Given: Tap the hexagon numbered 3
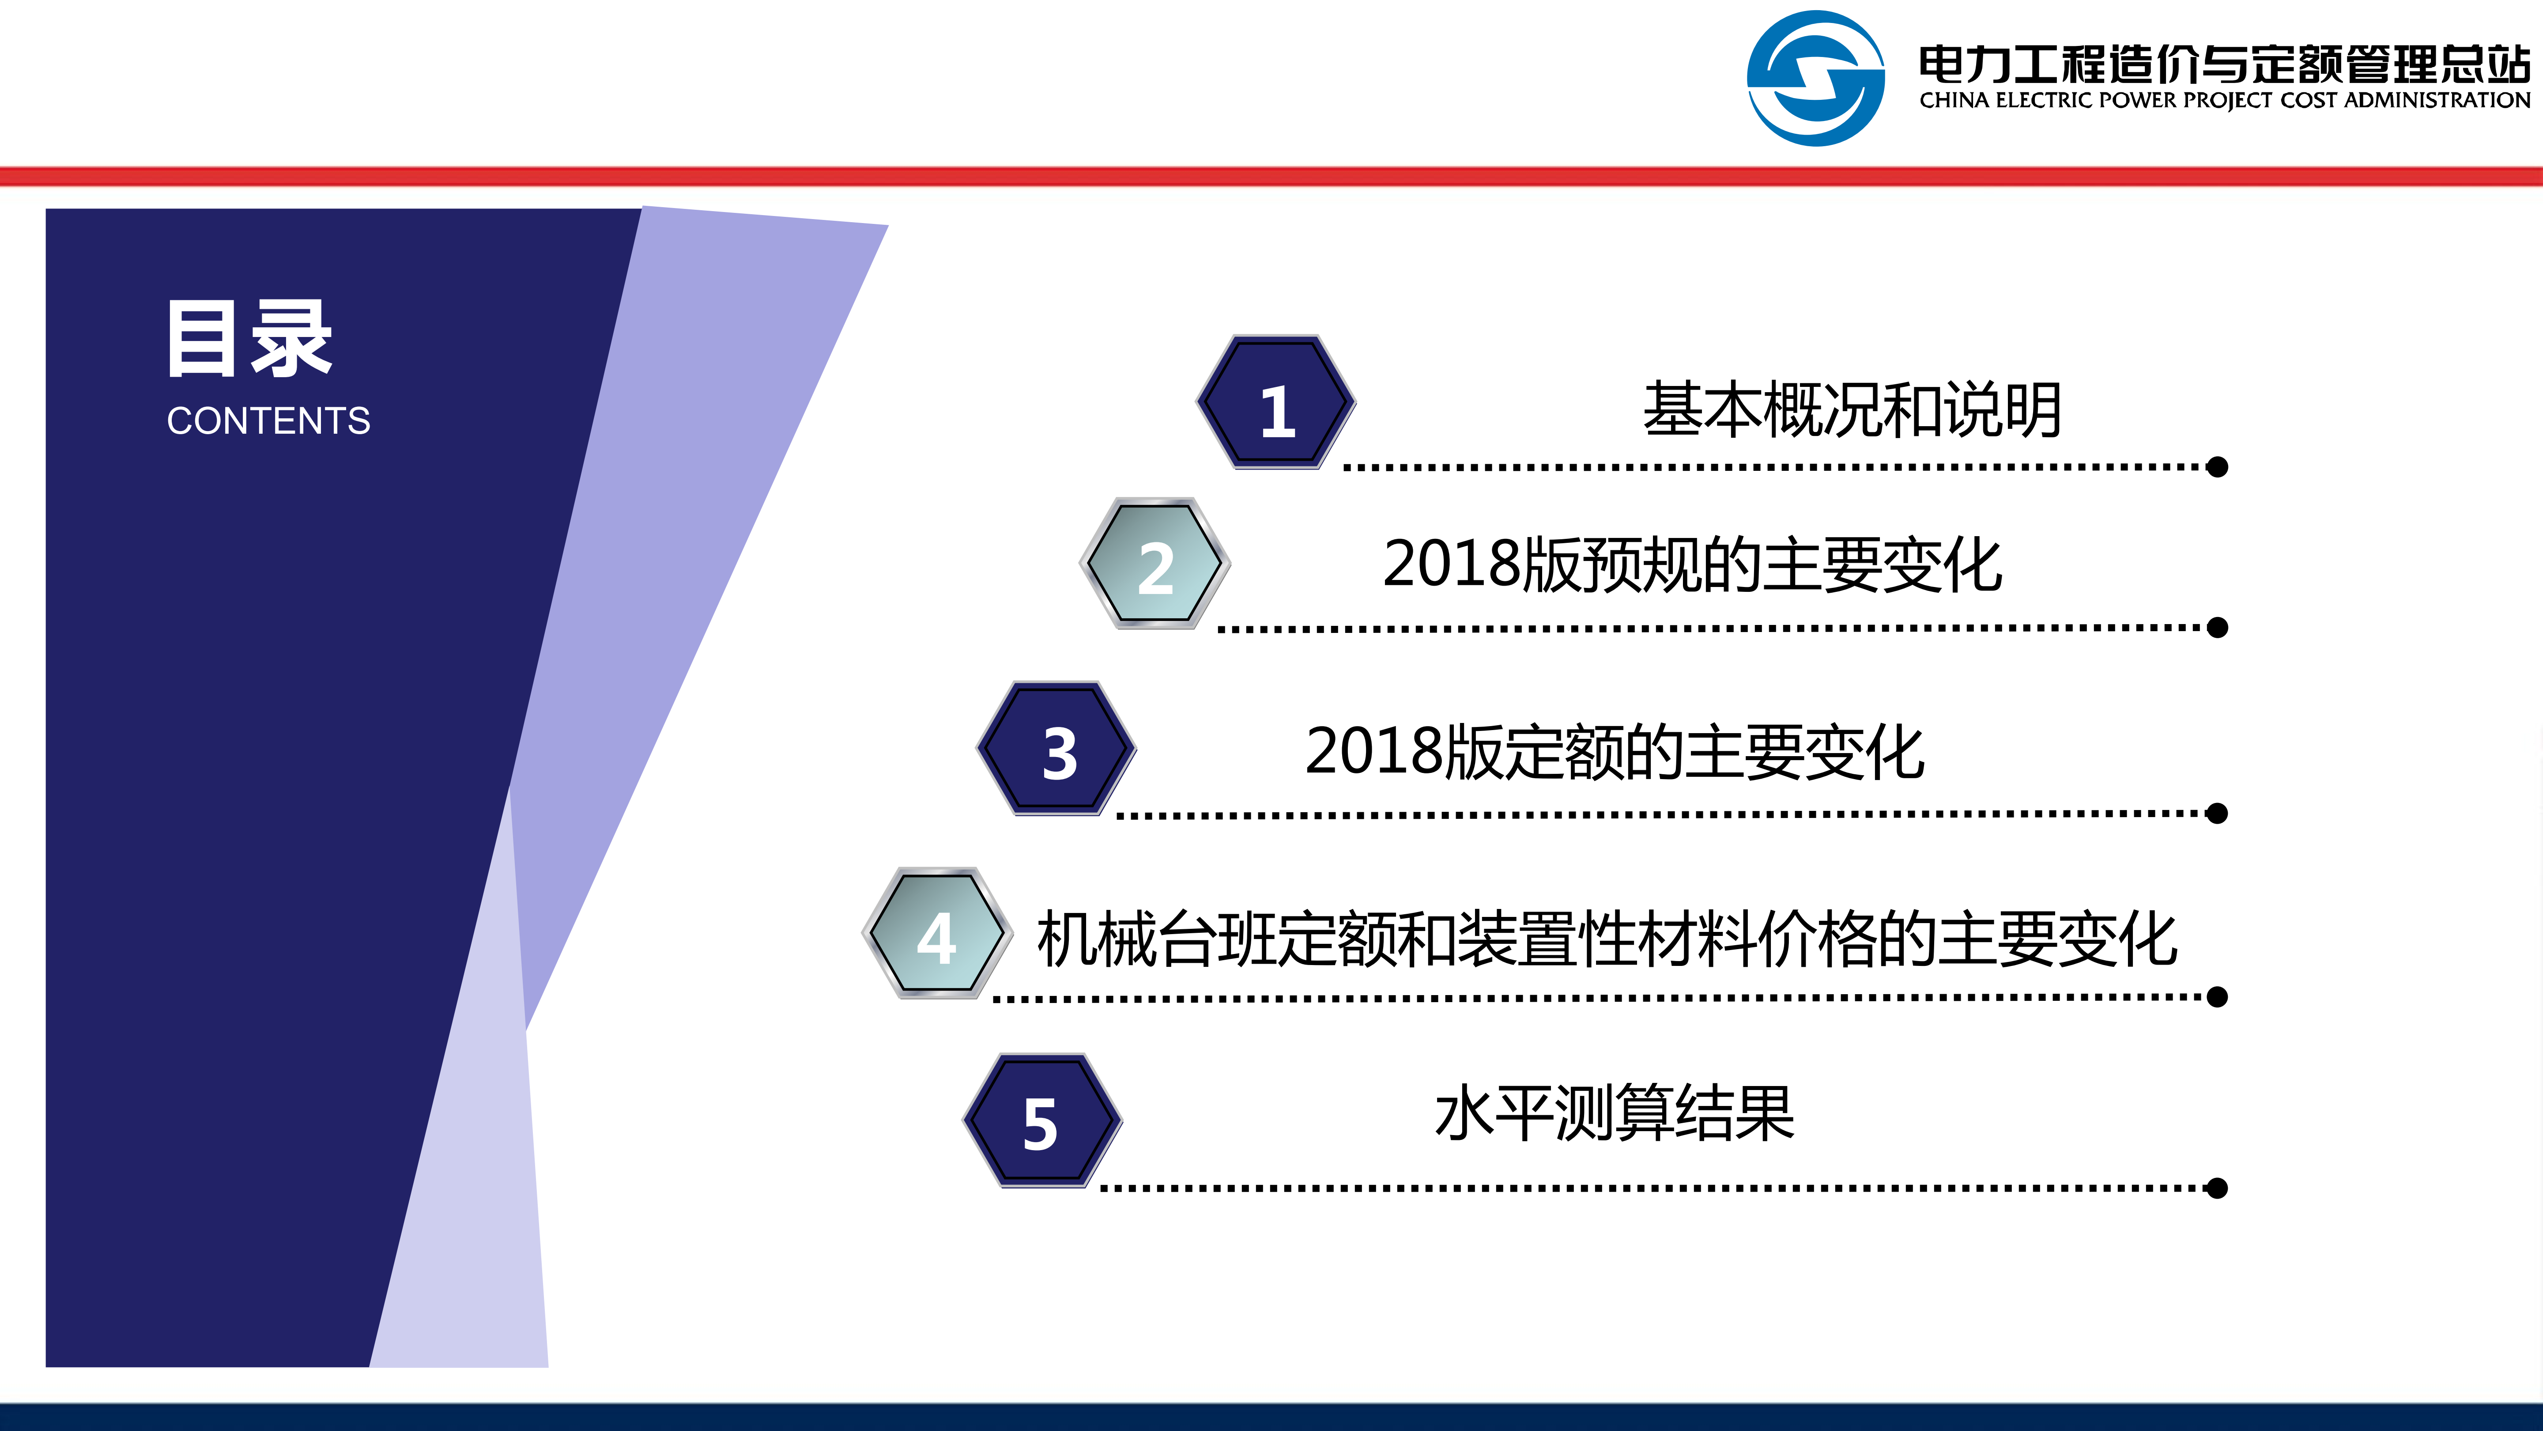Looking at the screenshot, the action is [x=1056, y=749].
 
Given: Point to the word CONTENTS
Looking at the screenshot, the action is [x=268, y=421].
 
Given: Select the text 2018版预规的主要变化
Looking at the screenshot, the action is [x=1692, y=565].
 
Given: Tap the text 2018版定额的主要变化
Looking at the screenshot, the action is [x=1614, y=752].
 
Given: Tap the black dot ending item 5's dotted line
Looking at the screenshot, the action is [x=2217, y=1188].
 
